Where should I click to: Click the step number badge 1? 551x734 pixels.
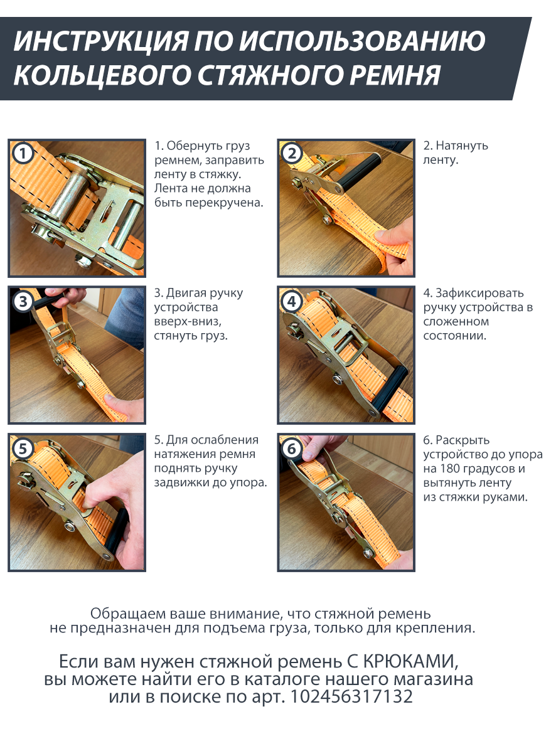pyautogui.click(x=23, y=154)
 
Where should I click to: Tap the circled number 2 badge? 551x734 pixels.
pyautogui.click(x=292, y=154)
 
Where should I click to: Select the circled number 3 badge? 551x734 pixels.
pyautogui.click(x=23, y=301)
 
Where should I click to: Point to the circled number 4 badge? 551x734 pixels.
pyautogui.click(x=292, y=301)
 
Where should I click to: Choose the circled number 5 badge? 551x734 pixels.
pyautogui.click(x=23, y=449)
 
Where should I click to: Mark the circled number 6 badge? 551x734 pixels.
pyautogui.click(x=292, y=449)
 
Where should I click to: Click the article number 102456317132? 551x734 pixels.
pyautogui.click(x=351, y=696)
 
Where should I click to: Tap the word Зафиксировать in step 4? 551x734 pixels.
pyautogui.click(x=479, y=293)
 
